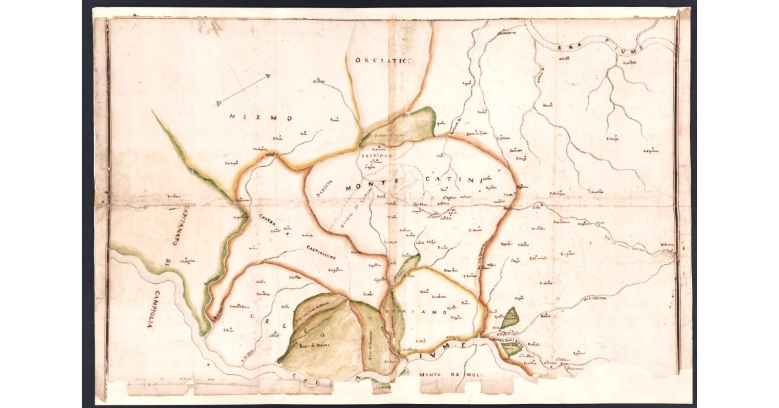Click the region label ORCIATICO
(384, 60)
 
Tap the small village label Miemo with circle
(318, 82)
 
